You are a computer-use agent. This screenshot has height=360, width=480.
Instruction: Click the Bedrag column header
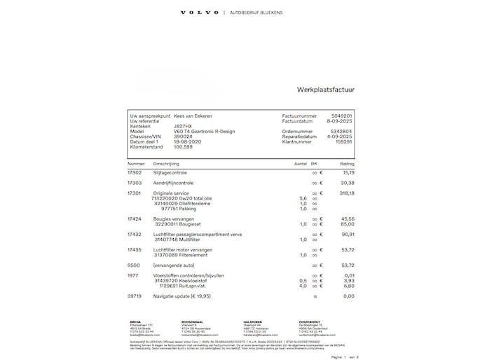tap(347, 163)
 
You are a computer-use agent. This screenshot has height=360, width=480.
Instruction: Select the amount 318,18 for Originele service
tap(346, 193)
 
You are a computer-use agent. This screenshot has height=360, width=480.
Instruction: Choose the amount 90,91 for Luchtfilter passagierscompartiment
tap(346, 234)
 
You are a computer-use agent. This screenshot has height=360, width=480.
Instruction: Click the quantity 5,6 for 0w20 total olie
tap(303, 198)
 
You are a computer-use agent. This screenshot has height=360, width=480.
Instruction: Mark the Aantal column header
tap(300, 163)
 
